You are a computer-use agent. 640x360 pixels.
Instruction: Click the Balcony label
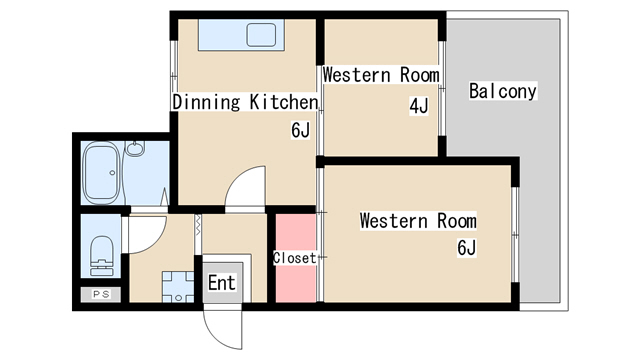click(502, 91)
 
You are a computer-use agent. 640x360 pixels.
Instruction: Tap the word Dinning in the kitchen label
click(206, 102)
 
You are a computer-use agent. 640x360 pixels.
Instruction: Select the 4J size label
click(419, 106)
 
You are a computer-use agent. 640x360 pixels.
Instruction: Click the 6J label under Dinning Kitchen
click(301, 130)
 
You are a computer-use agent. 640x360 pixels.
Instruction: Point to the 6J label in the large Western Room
click(467, 248)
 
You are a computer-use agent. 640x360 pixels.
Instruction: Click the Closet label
click(295, 258)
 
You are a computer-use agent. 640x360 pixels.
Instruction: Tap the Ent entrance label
click(222, 283)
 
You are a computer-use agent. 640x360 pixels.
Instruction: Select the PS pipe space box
click(101, 294)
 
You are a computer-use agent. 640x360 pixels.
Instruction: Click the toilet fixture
click(102, 256)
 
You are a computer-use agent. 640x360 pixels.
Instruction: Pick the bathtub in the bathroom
click(101, 173)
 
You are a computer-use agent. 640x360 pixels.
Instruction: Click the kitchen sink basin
click(261, 35)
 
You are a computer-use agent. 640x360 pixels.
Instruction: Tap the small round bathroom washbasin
click(135, 149)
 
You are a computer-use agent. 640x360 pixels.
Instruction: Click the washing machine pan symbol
click(178, 287)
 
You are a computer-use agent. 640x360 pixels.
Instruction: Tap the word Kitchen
click(284, 102)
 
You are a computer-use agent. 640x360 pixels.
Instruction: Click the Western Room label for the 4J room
click(381, 75)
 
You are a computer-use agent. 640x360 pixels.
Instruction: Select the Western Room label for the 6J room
click(418, 221)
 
